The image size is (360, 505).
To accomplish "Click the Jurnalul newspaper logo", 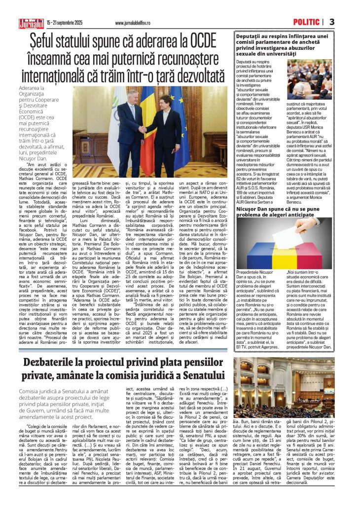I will tap(32, 22).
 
